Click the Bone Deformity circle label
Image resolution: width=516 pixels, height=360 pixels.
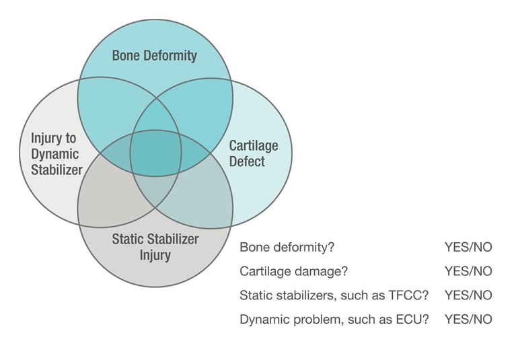[155, 55]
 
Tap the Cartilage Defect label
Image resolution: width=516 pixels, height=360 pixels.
[253, 153]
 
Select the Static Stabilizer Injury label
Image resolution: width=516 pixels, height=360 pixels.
[155, 246]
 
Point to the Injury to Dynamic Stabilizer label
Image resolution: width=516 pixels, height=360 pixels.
[57, 153]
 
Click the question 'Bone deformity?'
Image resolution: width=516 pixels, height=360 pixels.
[287, 247]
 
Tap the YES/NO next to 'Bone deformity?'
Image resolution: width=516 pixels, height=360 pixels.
[468, 247]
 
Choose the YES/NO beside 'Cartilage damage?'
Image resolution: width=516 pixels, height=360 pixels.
[468, 271]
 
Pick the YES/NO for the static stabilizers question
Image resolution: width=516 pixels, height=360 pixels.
[468, 295]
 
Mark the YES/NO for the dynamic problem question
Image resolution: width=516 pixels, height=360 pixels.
[468, 319]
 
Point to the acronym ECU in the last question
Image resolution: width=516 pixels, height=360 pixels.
[415, 319]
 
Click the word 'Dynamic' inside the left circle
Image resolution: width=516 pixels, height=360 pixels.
[57, 153]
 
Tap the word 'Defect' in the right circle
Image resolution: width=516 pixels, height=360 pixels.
[247, 161]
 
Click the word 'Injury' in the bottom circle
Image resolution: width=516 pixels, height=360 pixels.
[155, 255]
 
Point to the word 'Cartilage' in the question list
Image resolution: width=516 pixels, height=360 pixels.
[263, 271]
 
